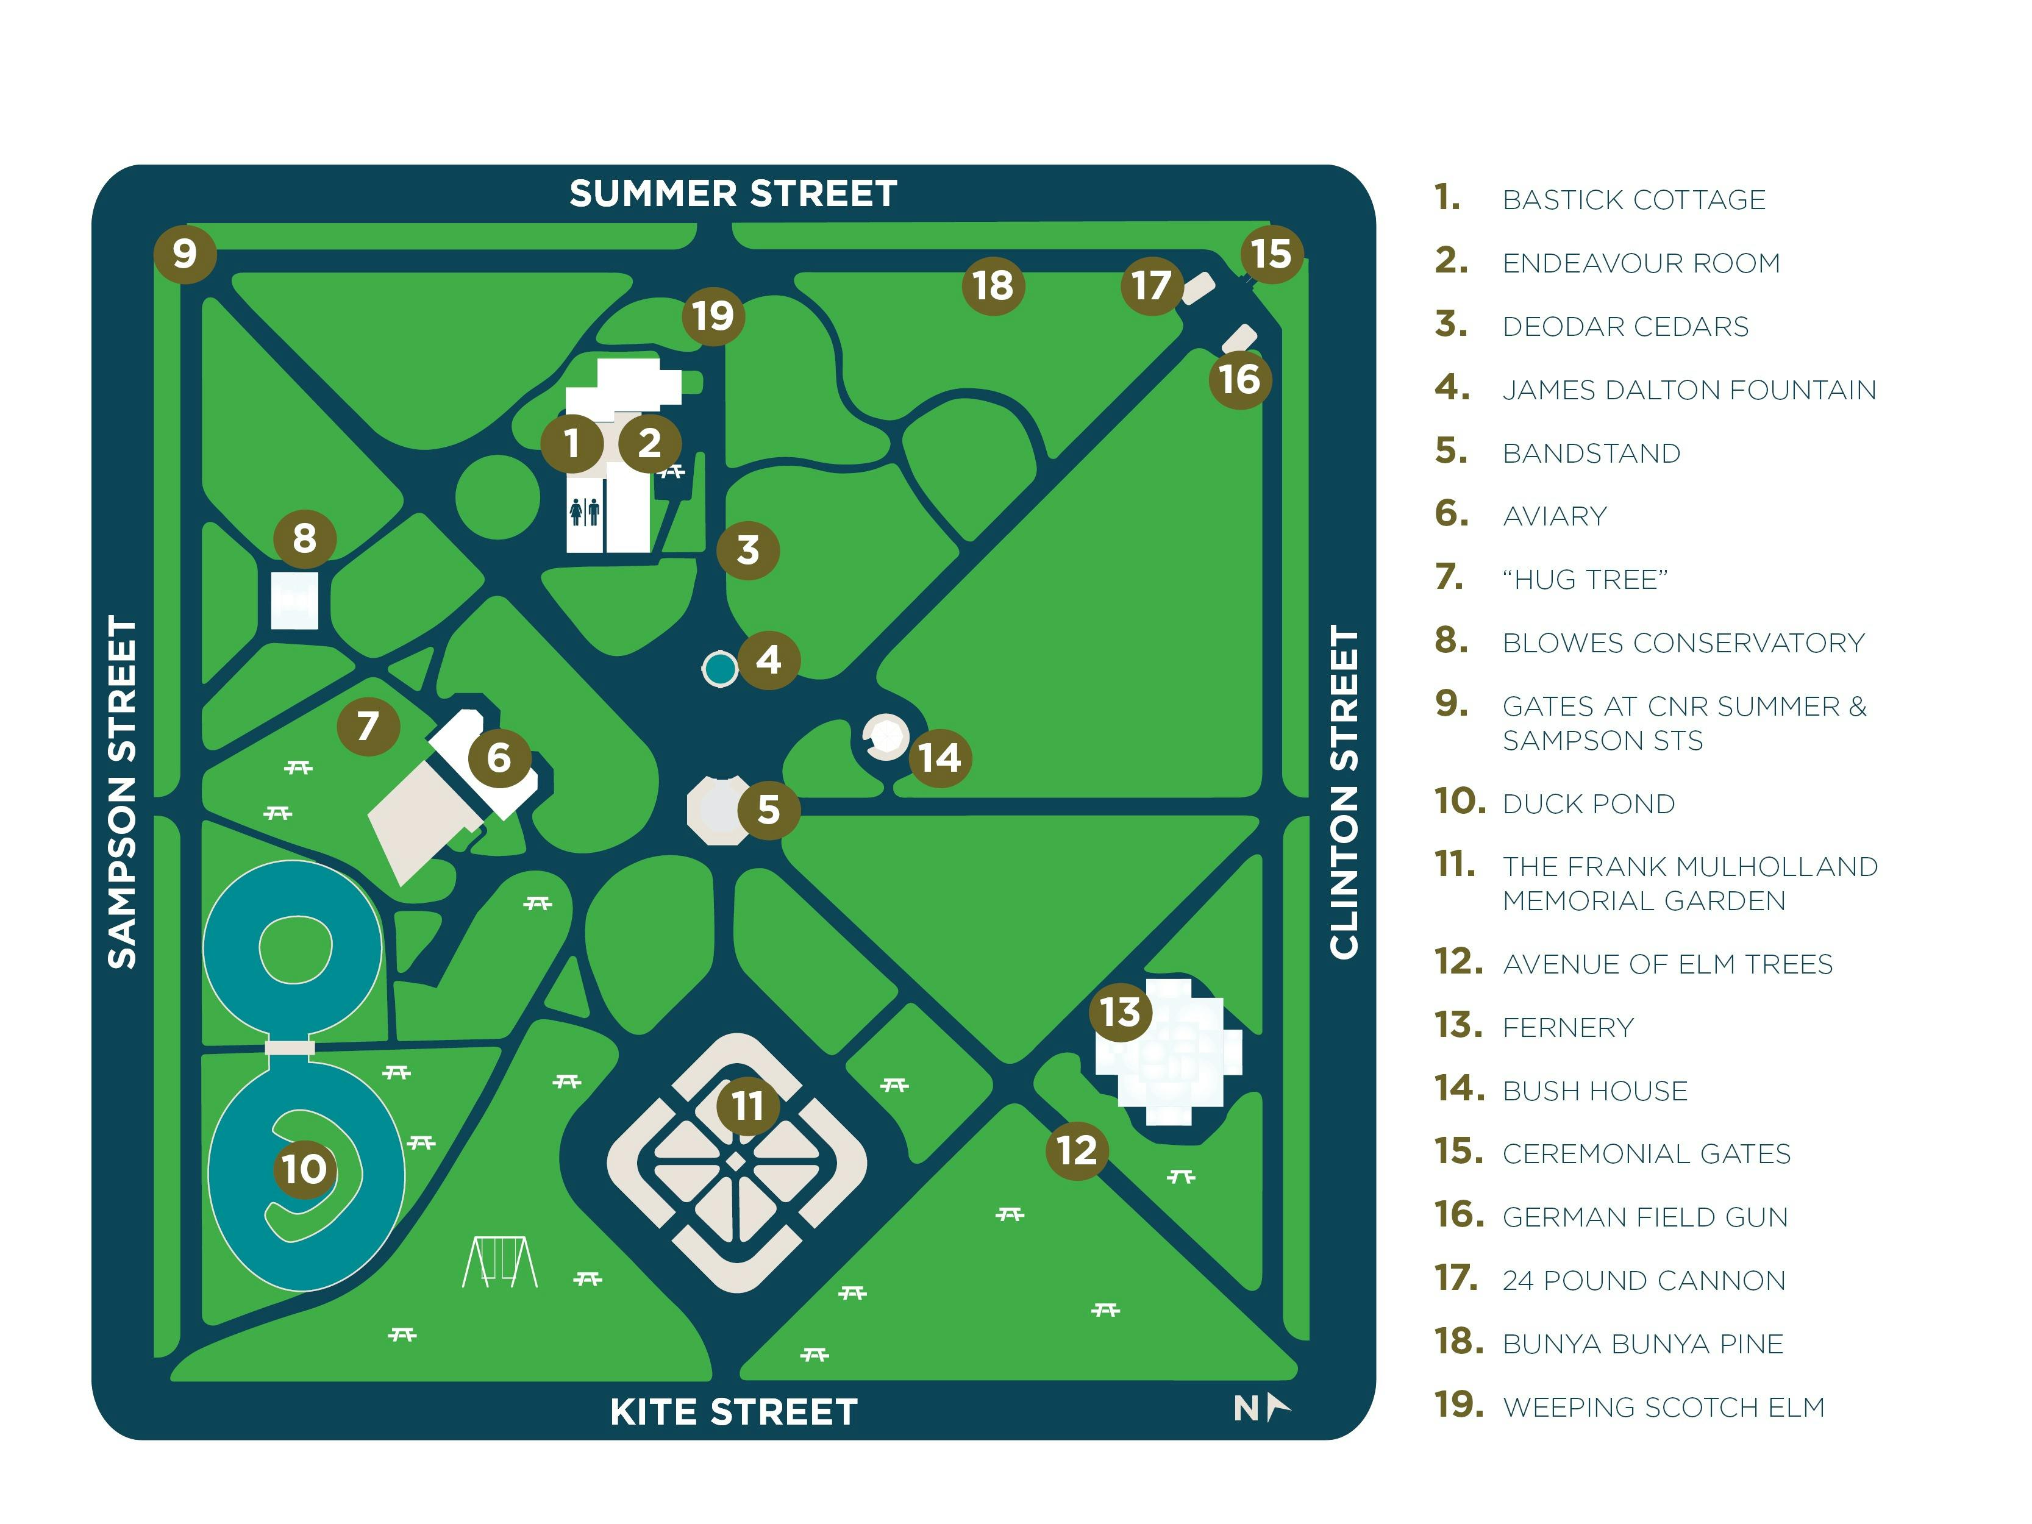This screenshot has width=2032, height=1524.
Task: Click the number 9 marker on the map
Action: pyautogui.click(x=185, y=254)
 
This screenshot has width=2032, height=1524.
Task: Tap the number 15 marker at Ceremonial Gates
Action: pyautogui.click(x=1271, y=254)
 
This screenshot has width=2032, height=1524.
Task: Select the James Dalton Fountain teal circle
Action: pyautogui.click(x=719, y=669)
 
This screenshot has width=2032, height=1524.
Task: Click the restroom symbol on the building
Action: pyautogui.click(x=584, y=511)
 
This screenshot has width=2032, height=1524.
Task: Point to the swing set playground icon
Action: pyautogui.click(x=499, y=1262)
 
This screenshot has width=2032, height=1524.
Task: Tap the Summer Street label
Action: pyautogui.click(x=732, y=194)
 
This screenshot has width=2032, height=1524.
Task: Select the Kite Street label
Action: pyautogui.click(x=733, y=1412)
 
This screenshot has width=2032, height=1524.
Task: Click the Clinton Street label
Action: pyautogui.click(x=1343, y=792)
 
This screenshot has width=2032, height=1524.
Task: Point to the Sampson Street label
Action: pyautogui.click(x=122, y=792)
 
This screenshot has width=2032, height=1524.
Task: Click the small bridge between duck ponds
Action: pyautogui.click(x=290, y=1047)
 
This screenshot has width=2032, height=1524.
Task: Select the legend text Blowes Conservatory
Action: pyautogui.click(x=1683, y=643)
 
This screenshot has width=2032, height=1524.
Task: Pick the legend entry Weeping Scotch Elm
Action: pyautogui.click(x=1663, y=1408)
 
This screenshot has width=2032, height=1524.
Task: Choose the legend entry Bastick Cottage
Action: pyautogui.click(x=1633, y=201)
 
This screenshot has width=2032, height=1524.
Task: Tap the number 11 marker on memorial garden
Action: pyautogui.click(x=747, y=1106)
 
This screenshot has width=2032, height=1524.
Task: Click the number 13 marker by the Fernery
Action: pyautogui.click(x=1120, y=1013)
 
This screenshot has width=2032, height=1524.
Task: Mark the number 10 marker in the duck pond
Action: pyautogui.click(x=304, y=1169)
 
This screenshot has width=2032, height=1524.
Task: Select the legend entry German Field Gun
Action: pyautogui.click(x=1644, y=1217)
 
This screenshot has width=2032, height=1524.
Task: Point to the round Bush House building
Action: pyautogui.click(x=886, y=737)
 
